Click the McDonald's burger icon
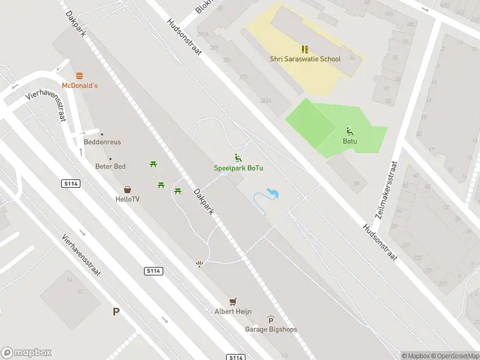pos(80,76)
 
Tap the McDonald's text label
pos(80,86)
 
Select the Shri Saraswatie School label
pos(305,59)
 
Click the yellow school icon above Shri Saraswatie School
pos(305,49)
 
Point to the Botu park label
pos(350,142)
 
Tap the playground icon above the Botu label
pos(350,131)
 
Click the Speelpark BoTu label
pos(239,168)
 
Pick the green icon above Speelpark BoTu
pos(239,158)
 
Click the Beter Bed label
pos(110,166)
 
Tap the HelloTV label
pos(127,199)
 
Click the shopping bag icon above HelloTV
pos(127,189)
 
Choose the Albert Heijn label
pos(233,311)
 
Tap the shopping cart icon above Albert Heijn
pos(233,301)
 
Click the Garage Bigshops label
pos(271,329)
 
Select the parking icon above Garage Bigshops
pos(271,320)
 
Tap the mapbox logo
pos(26,352)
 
